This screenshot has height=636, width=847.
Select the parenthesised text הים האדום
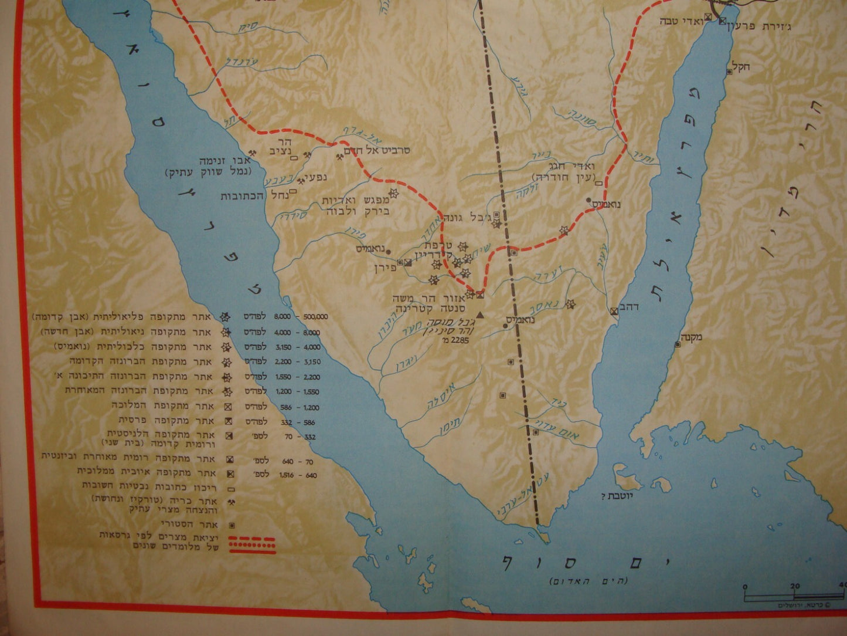(588, 581)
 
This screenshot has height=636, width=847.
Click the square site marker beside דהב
(613, 311)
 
